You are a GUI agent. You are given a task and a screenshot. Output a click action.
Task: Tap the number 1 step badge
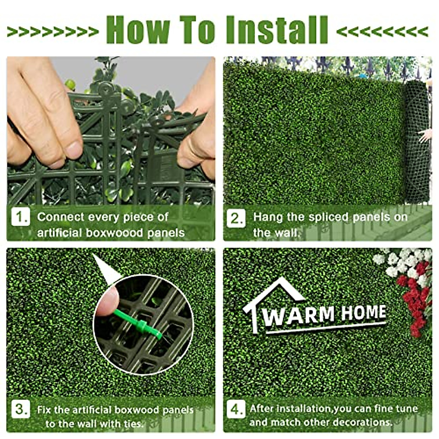tap(20, 217)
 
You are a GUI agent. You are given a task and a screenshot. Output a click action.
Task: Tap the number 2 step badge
tap(236, 218)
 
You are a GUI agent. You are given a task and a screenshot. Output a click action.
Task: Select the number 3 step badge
tap(20, 409)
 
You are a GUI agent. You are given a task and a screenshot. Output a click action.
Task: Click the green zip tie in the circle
tap(139, 324)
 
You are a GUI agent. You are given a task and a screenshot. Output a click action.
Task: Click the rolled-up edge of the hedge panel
tap(417, 143)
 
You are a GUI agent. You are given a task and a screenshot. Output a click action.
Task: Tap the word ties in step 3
tap(133, 424)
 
